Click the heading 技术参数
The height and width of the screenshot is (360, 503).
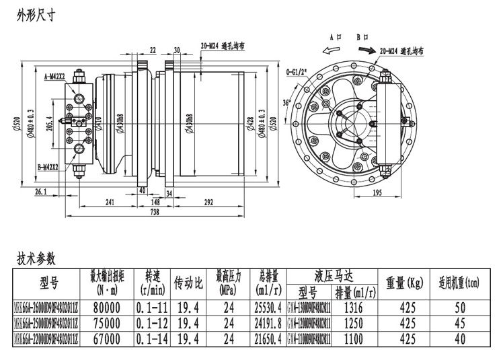click(35, 258)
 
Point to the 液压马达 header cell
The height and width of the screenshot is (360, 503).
click(334, 276)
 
